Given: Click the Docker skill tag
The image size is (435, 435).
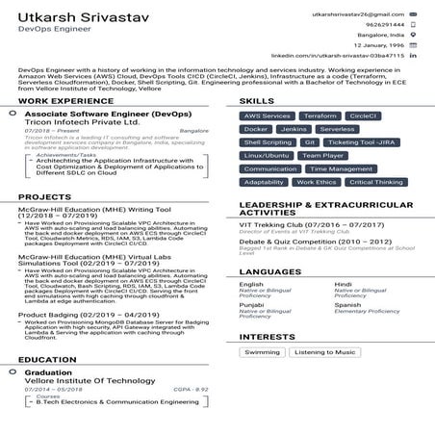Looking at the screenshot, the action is [x=256, y=128].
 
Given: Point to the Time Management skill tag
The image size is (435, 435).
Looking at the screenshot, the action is [x=343, y=168].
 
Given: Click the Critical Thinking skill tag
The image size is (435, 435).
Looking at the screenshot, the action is [x=375, y=182].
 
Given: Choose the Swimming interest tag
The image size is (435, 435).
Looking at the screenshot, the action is [x=262, y=352].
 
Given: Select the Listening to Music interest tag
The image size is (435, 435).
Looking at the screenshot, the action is [x=325, y=352].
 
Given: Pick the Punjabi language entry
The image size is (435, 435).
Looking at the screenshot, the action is [x=251, y=305].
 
